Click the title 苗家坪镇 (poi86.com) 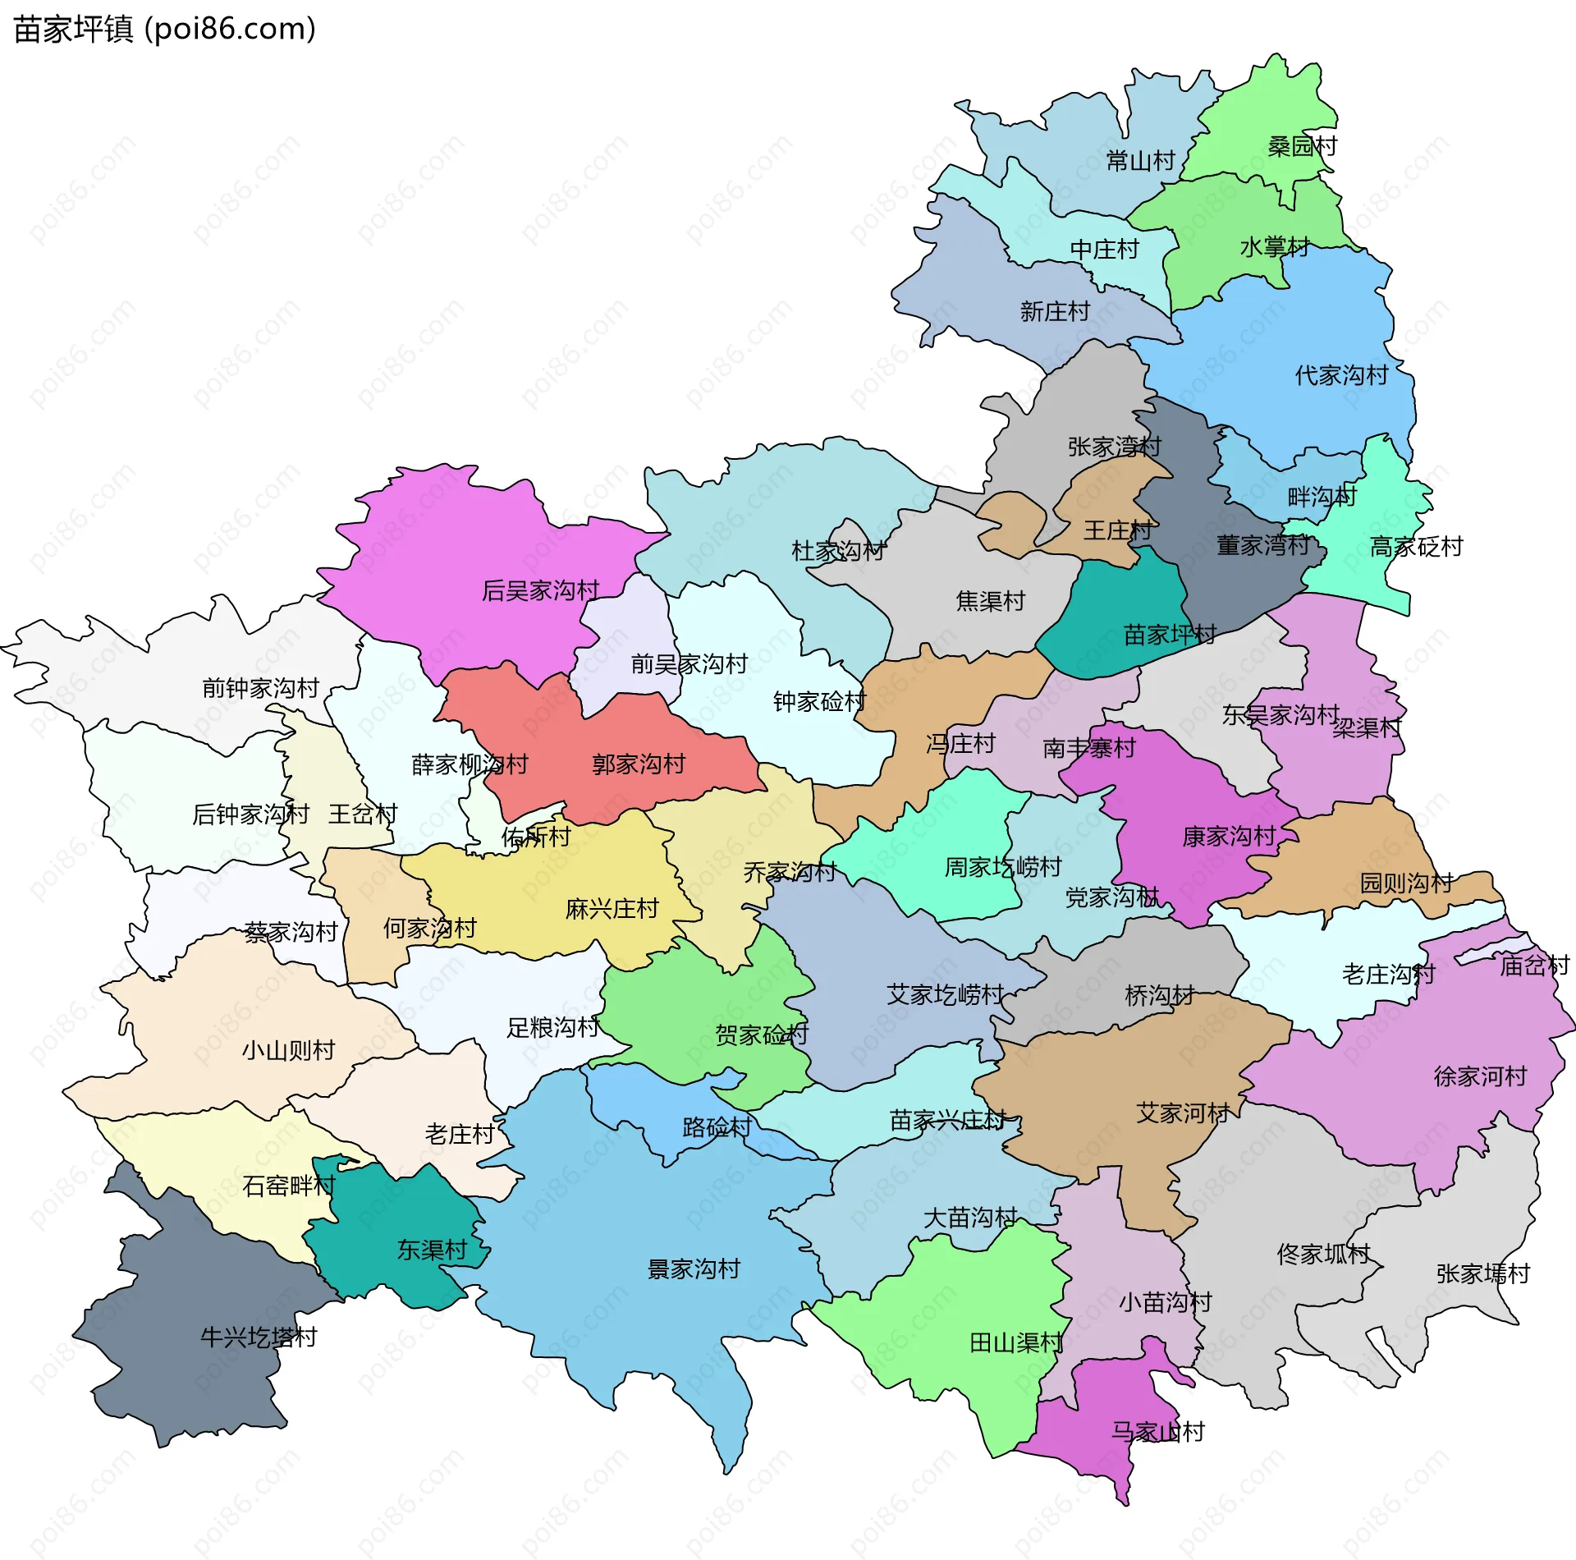[x=164, y=30]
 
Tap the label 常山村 [x=1140, y=161]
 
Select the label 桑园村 [x=1302, y=146]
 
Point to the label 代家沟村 [x=1341, y=375]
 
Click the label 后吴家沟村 [x=540, y=590]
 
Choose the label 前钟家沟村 [x=260, y=688]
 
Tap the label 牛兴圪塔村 [x=259, y=1337]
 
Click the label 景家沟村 [x=694, y=1269]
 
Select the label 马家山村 [x=1157, y=1432]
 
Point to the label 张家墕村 [x=1482, y=1273]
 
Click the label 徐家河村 [x=1480, y=1076]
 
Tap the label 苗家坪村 [x=1170, y=635]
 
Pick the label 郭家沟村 [x=639, y=764]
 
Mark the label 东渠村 [x=432, y=1250]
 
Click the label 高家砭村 [x=1416, y=547]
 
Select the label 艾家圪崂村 [x=945, y=995]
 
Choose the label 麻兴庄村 [x=612, y=909]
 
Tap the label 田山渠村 [x=1015, y=1343]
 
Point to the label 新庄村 [x=1054, y=311]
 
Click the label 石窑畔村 [x=289, y=1186]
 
